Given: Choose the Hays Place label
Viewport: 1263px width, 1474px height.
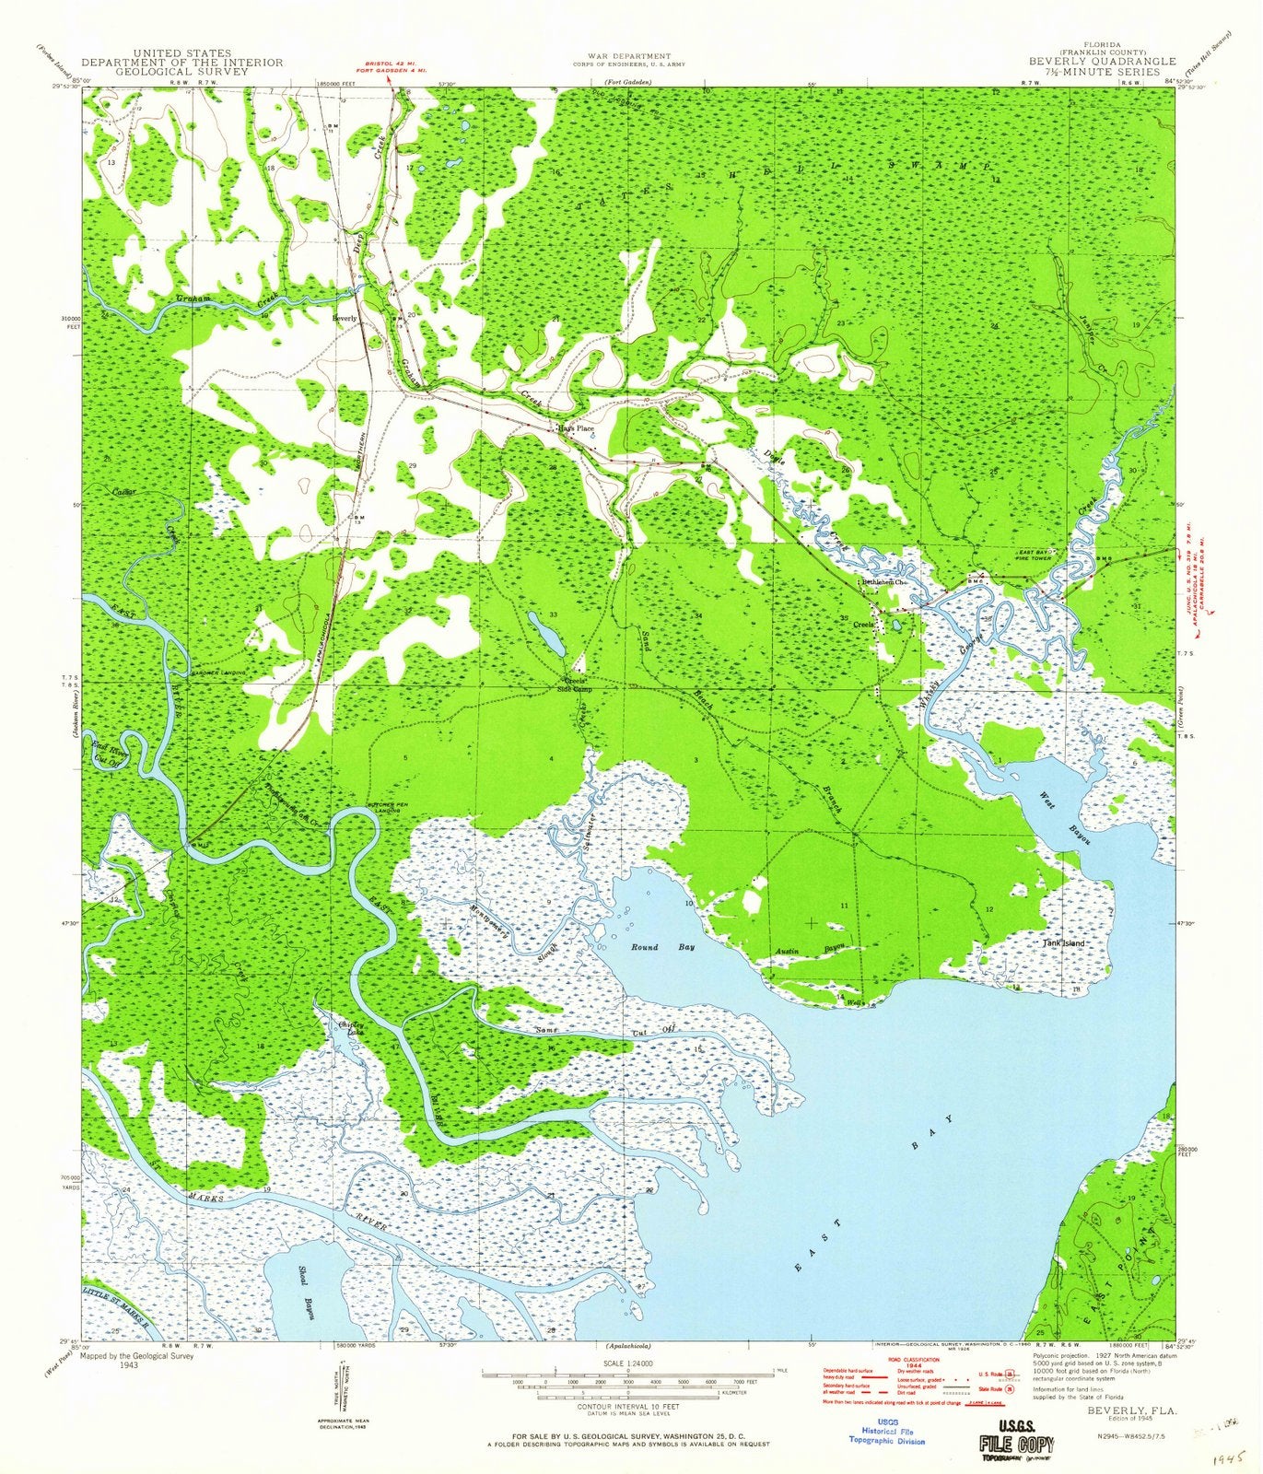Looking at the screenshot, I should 575,429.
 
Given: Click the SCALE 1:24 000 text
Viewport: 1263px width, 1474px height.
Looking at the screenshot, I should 626,1362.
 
